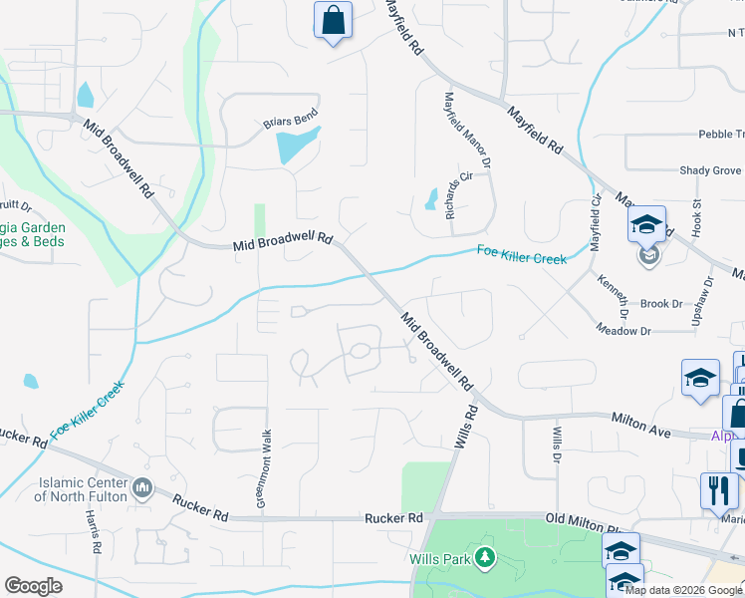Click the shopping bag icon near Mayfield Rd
pyautogui.click(x=333, y=20)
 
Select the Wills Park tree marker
pyautogui.click(x=485, y=557)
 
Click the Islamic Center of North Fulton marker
pyautogui.click(x=142, y=487)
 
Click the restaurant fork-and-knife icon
pyautogui.click(x=716, y=489)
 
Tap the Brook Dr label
pyautogui.click(x=661, y=303)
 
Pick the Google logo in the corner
pyautogui.click(x=33, y=586)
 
